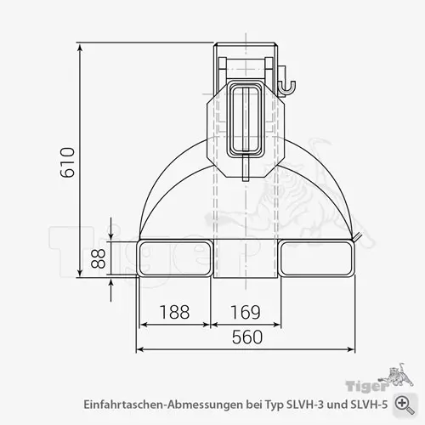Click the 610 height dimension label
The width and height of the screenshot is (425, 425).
tap(69, 161)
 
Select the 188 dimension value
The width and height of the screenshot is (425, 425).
tap(174, 312)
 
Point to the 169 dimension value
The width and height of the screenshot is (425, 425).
tap(246, 312)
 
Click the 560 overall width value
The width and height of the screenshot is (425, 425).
tap(246, 337)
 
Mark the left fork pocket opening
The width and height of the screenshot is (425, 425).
tap(174, 258)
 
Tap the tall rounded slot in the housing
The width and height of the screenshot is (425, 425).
tap(247, 119)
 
